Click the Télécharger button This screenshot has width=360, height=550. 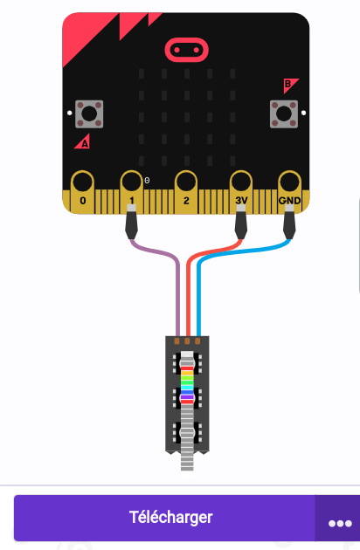tap(164, 518)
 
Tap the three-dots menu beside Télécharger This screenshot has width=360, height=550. tap(340, 523)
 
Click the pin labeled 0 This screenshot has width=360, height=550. tap(82, 192)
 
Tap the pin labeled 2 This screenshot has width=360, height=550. tap(186, 192)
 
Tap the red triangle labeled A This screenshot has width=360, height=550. tap(82, 141)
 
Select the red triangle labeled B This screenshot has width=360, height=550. tap(290, 86)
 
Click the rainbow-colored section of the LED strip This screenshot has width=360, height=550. tap(187, 384)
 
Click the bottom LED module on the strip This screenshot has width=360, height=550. tap(187, 432)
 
